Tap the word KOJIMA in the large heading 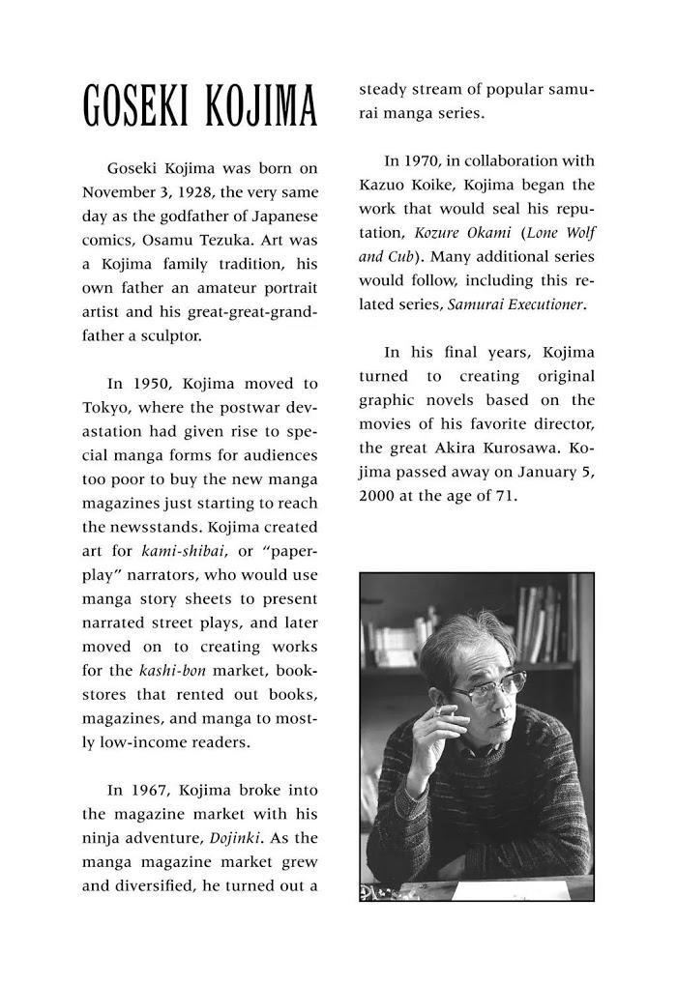(x=258, y=107)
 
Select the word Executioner (x=540, y=304)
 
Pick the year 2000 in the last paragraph (x=378, y=495)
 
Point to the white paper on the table (x=513, y=887)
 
